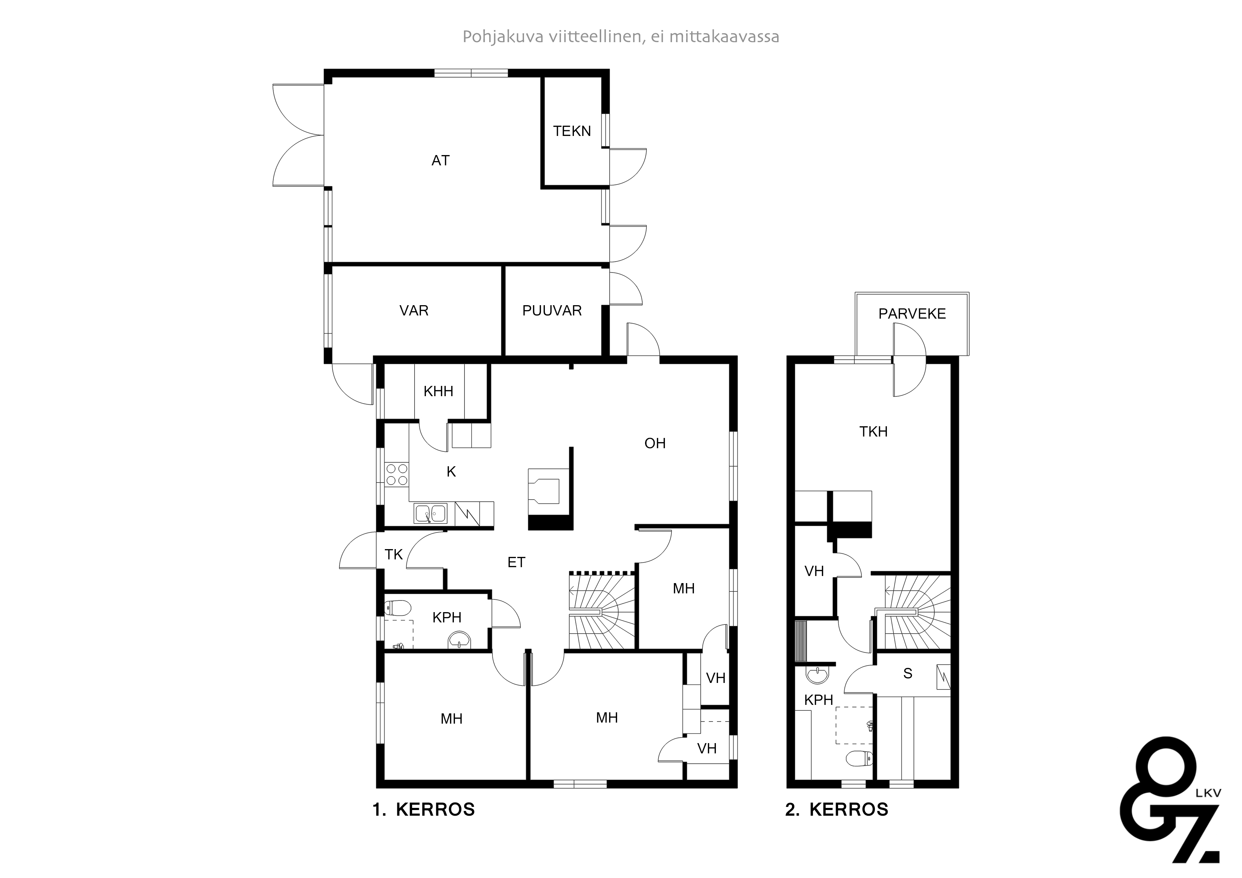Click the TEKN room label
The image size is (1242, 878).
pos(572,131)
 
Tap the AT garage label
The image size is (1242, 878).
pos(440,161)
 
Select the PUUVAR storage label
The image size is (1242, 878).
pos(552,310)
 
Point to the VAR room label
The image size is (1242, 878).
pos(414,310)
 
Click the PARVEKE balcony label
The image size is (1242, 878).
pos(912,314)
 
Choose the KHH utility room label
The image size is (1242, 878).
pos(438,391)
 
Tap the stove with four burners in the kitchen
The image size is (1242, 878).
pos(397,474)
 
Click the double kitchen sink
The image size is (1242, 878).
pos(431,513)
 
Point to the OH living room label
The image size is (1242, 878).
pos(655,444)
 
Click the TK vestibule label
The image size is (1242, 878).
pos(394,554)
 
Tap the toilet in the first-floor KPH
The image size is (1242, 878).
pos(395,609)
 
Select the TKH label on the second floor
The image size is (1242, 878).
pos(873,432)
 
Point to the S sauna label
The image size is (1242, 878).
pos(908,673)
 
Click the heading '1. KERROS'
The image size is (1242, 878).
pos(423,809)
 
